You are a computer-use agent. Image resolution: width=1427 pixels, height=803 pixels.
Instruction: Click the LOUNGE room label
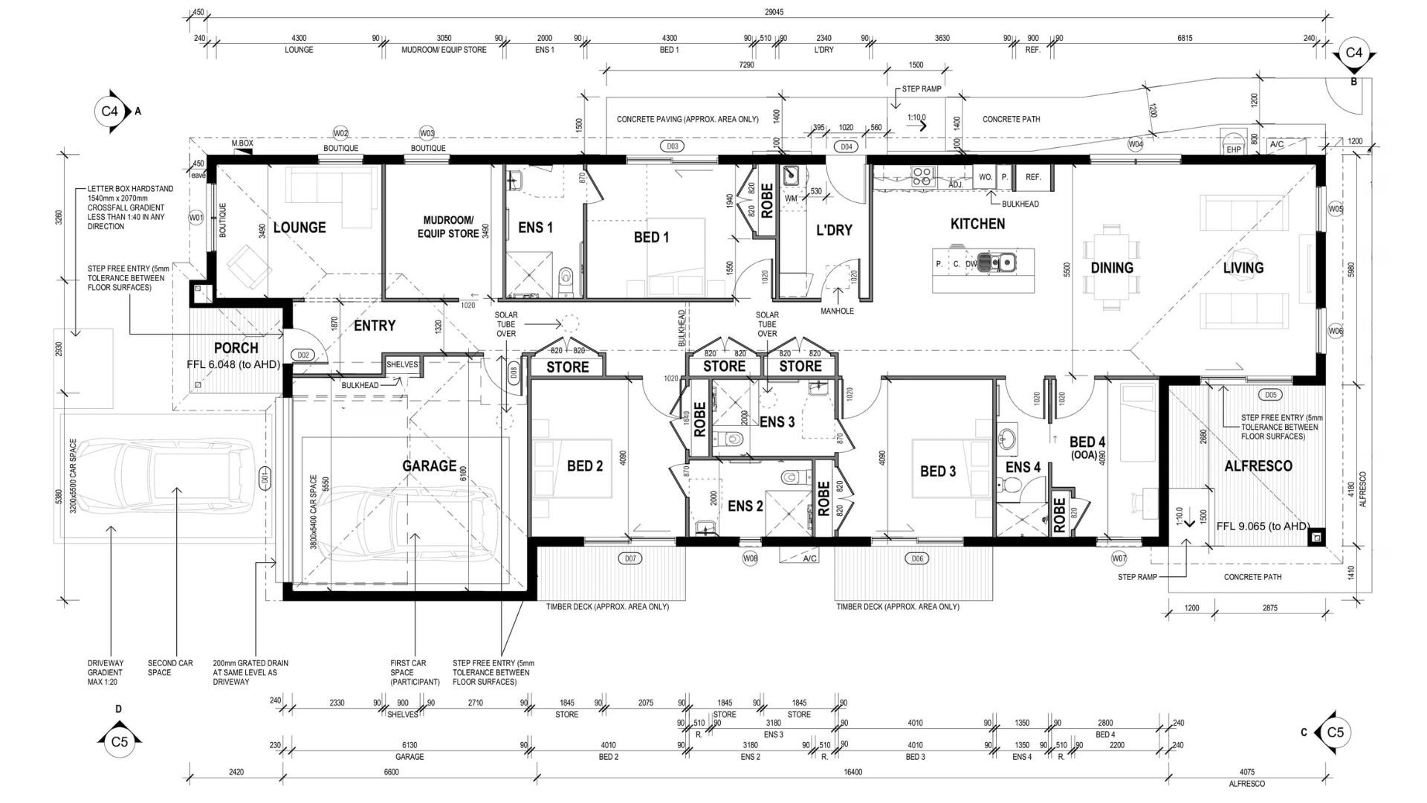[x=300, y=228]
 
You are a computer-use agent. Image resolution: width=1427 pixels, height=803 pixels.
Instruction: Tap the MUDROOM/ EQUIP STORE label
[x=447, y=227]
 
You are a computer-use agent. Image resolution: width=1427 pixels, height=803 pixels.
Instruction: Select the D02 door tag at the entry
[x=303, y=355]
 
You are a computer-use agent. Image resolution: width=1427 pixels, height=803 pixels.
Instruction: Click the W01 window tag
[x=196, y=218]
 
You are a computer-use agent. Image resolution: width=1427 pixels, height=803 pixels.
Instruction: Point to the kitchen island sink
[x=996, y=262]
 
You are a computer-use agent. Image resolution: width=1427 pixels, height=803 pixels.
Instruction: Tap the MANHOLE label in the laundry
[x=837, y=311]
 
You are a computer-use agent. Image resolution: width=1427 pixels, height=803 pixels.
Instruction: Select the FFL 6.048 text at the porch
[x=233, y=364]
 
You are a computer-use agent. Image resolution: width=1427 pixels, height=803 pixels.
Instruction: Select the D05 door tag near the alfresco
[x=1269, y=395]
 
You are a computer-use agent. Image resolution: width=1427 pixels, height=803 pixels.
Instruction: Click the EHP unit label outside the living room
[x=1233, y=149]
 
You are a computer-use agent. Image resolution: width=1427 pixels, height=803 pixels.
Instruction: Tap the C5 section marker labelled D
[x=119, y=741]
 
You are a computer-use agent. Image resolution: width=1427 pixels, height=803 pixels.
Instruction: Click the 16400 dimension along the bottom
[x=853, y=772]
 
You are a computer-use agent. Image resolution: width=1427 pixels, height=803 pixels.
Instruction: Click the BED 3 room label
[x=937, y=471]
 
